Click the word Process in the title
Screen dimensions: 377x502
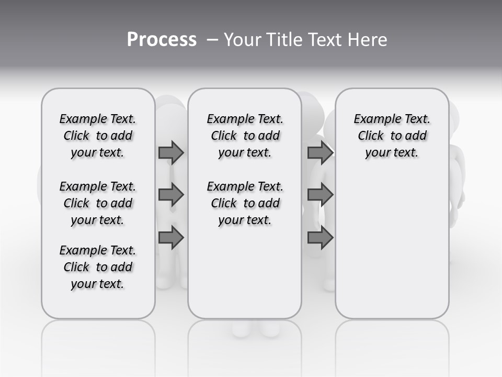(162, 40)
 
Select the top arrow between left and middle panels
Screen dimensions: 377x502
(171, 152)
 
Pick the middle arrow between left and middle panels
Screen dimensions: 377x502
(171, 195)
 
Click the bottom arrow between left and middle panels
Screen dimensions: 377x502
(171, 238)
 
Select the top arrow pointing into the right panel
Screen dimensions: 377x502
(320, 152)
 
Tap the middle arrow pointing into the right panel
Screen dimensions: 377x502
(320, 195)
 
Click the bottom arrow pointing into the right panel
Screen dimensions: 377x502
(320, 238)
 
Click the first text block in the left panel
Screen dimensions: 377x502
(98, 136)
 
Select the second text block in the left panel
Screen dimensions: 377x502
(98, 203)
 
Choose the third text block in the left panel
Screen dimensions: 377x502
(98, 267)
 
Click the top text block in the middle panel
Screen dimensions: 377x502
(245, 136)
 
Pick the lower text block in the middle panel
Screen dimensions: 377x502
(245, 203)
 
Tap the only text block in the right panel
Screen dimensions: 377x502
(392, 136)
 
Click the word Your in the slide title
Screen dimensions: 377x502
(242, 40)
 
